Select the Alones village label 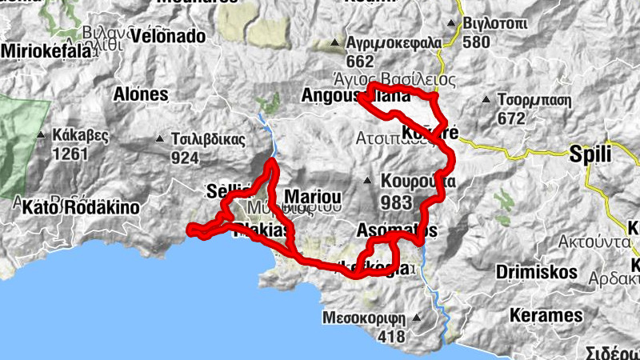pyautogui.click(x=142, y=94)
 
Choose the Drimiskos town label pyautogui.click(x=535, y=272)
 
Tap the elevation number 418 pyautogui.click(x=391, y=337)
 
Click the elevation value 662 pyautogui.click(x=361, y=62)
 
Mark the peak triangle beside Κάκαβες pyautogui.click(x=40, y=134)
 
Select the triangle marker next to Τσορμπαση pyautogui.click(x=487, y=100)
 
